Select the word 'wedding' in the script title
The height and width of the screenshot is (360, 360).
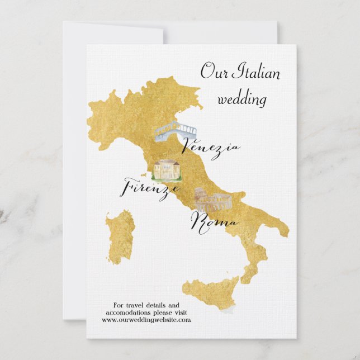242,100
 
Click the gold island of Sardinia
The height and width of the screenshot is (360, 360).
120,235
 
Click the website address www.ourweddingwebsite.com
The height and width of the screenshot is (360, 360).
146,320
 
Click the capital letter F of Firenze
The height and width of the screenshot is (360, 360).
127,186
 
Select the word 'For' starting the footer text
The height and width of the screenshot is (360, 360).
119,305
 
